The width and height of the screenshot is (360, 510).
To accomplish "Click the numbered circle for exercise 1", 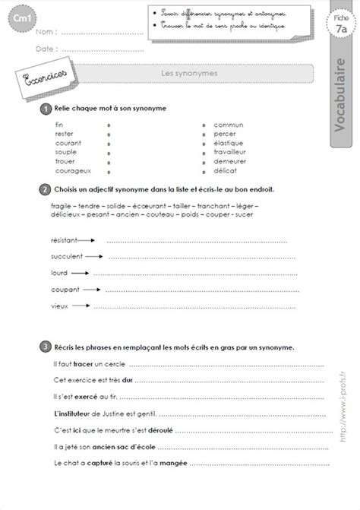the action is point(47,109).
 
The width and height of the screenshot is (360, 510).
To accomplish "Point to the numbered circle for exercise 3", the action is point(47,346).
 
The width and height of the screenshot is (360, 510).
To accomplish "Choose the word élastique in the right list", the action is point(229,142).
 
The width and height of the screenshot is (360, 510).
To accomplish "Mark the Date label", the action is point(45,49).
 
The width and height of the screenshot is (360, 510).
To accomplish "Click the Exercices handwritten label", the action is point(40,78).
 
